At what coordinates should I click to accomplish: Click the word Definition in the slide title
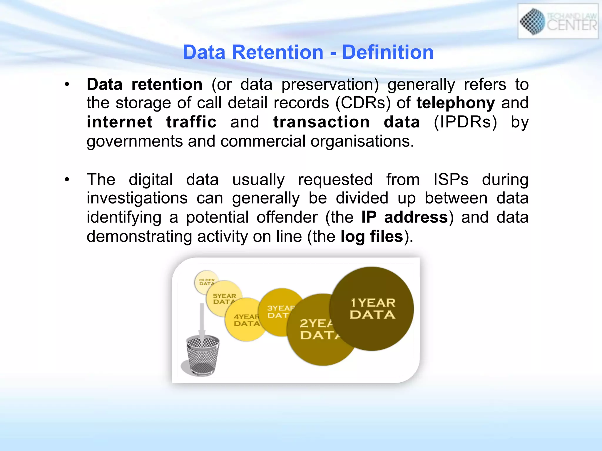[x=388, y=52]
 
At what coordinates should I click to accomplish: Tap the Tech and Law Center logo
[x=558, y=21]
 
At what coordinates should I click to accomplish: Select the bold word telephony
[x=456, y=103]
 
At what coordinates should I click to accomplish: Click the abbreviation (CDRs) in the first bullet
[x=363, y=103]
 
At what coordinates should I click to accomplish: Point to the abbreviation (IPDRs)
[x=465, y=122]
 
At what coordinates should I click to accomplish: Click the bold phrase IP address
[x=404, y=217]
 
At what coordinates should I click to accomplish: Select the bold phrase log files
[x=372, y=236]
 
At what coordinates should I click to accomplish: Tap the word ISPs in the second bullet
[x=451, y=179]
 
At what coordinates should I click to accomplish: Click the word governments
[x=135, y=142]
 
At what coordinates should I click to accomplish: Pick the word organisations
[x=362, y=142]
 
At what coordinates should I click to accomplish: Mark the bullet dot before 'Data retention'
[x=67, y=85]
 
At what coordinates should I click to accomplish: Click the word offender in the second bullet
[x=287, y=217]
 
